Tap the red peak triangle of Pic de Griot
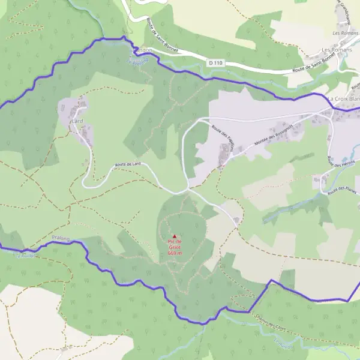(x=175, y=236)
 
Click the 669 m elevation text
(x=175, y=253)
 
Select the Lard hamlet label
(x=77, y=121)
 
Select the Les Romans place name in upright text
(x=336, y=49)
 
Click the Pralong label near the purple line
(x=61, y=239)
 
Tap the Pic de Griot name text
(x=175, y=245)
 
